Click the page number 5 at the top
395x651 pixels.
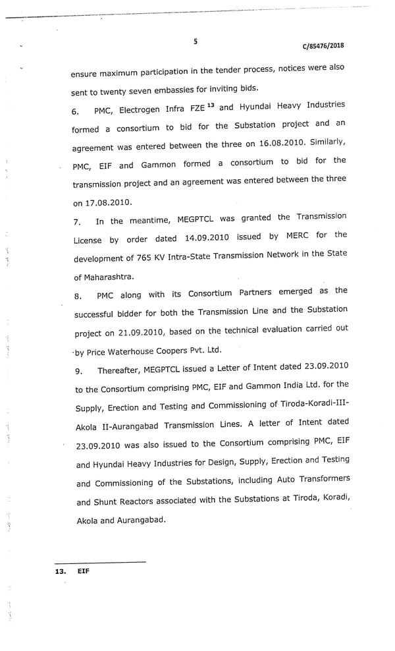click(x=196, y=42)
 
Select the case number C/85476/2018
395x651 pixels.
click(x=323, y=46)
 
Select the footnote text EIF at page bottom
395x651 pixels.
click(x=83, y=571)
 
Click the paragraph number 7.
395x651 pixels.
click(x=77, y=222)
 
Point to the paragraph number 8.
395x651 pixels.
click(x=78, y=297)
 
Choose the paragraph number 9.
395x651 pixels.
click(x=78, y=372)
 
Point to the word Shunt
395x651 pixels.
click(x=111, y=501)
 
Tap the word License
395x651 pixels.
click(x=87, y=241)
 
